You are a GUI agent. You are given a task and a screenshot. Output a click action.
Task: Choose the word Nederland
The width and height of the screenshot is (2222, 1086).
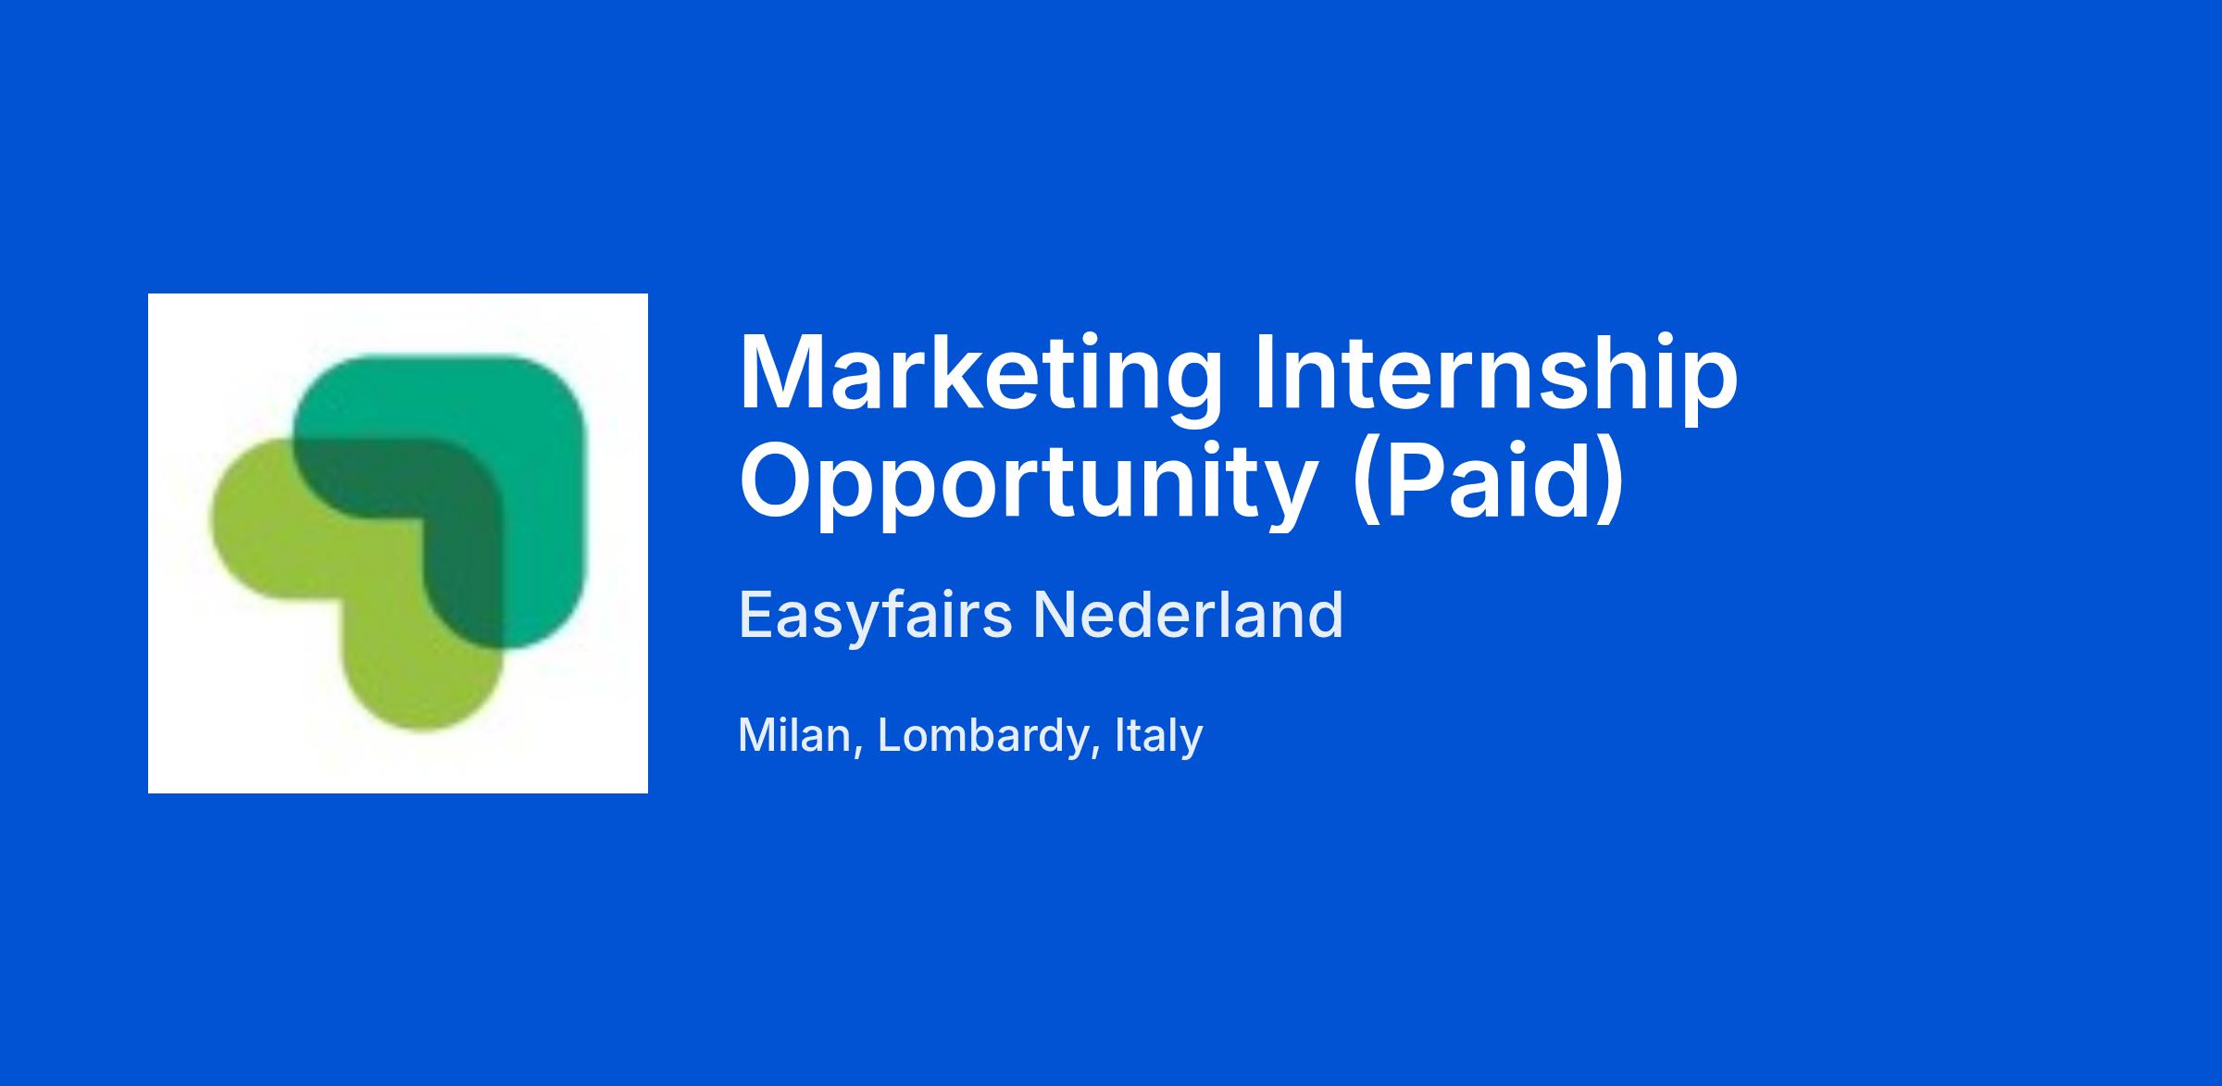[1188, 614]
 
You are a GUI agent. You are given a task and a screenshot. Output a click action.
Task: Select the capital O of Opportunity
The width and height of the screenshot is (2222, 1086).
[779, 481]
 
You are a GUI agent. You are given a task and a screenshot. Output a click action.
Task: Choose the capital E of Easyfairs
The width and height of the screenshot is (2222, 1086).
[757, 614]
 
